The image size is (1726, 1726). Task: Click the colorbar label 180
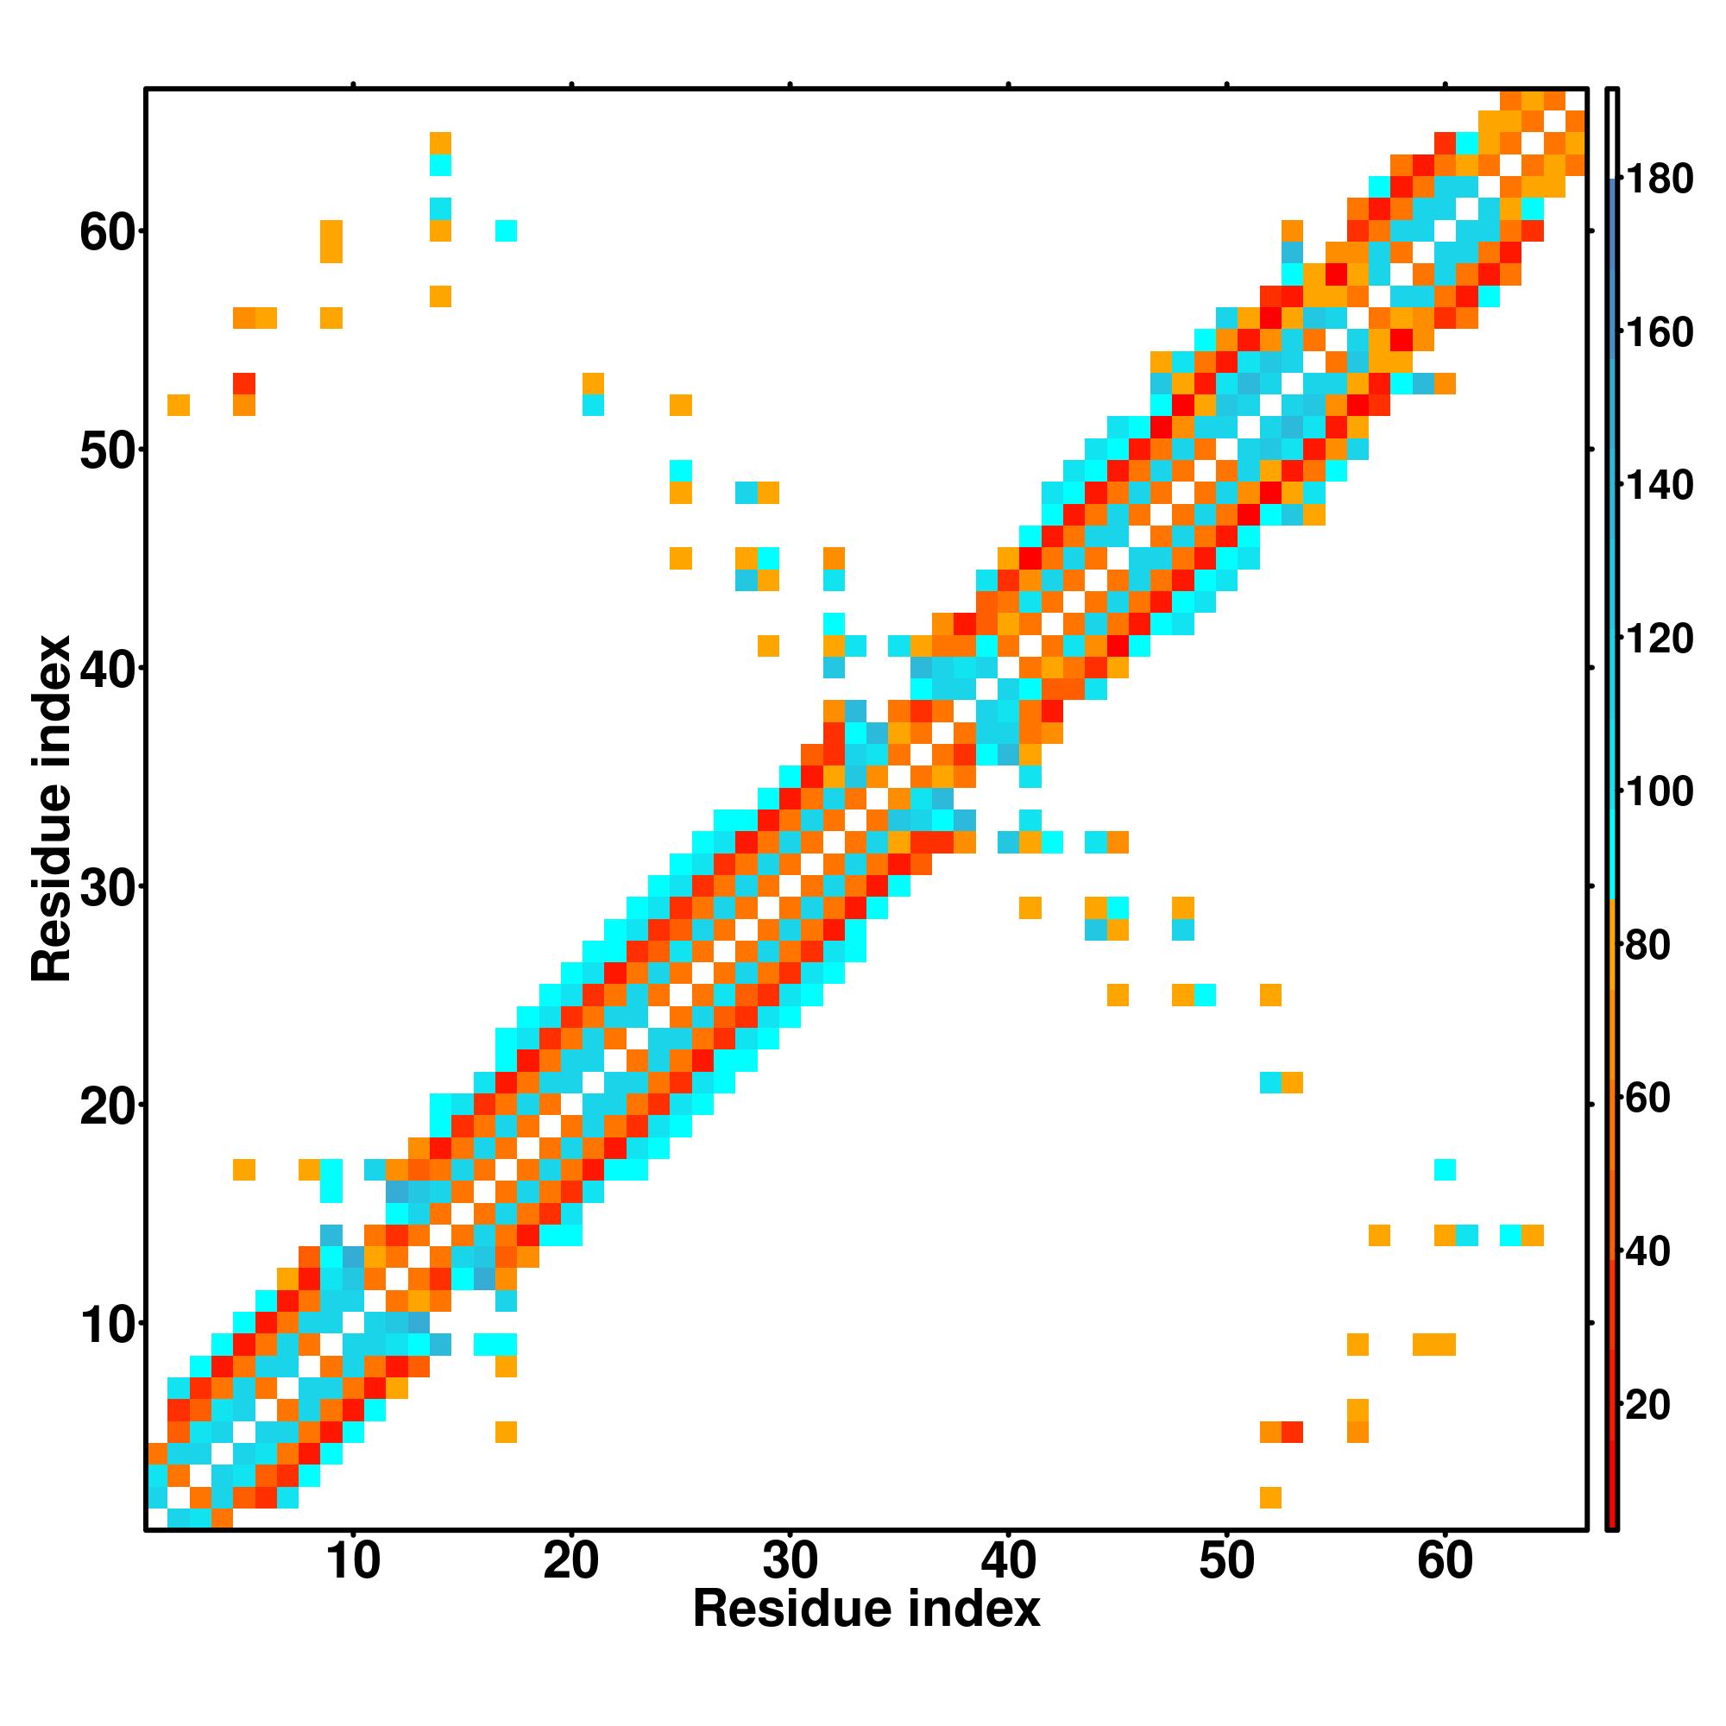pos(1659,180)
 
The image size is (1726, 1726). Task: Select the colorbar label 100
pos(1659,791)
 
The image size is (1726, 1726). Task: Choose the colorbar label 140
pos(1659,486)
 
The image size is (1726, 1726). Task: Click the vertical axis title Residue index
pos(51,809)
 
